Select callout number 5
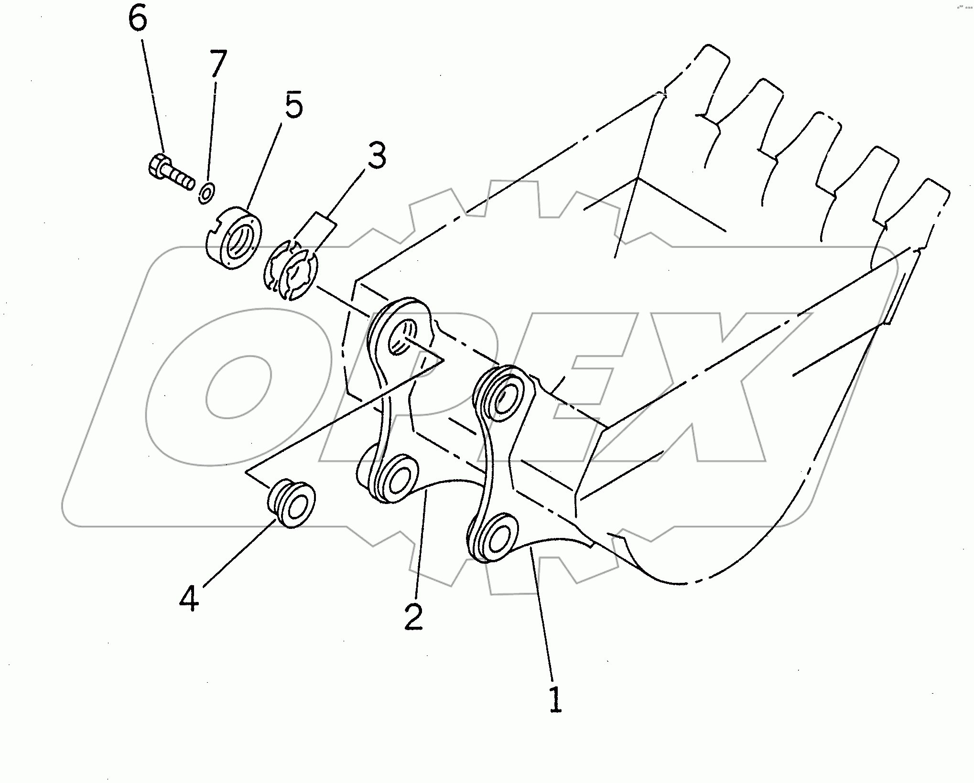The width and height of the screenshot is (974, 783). [293, 106]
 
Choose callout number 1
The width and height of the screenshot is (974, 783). [555, 700]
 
